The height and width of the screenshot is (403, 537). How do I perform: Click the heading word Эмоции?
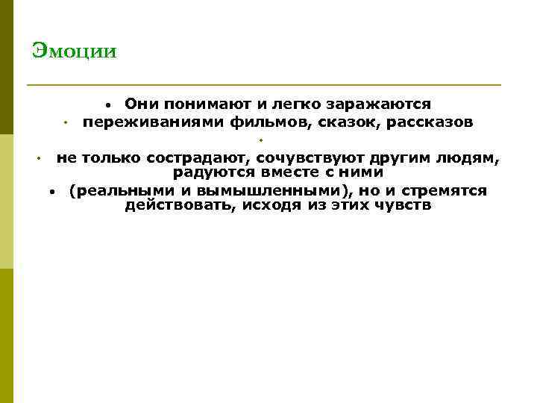[75, 51]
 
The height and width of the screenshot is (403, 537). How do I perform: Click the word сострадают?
[198, 158]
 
